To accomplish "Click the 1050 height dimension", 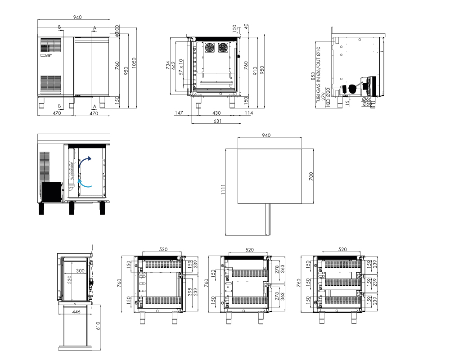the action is click(x=134, y=63).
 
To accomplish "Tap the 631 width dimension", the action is click(x=217, y=121).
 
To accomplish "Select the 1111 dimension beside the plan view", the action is click(x=223, y=189).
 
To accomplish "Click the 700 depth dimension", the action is click(x=311, y=176).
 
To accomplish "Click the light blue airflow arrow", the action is click(x=85, y=184).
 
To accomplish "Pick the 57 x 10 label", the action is click(x=181, y=67).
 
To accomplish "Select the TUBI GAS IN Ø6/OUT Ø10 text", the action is click(x=318, y=75).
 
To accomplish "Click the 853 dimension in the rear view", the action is click(x=313, y=76).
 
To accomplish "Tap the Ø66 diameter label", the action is click(x=366, y=99).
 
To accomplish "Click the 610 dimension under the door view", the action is click(x=98, y=326).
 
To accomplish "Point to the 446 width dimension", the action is click(x=76, y=312).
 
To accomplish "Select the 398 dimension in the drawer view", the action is click(x=190, y=292).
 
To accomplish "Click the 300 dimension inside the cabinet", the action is click(x=81, y=271).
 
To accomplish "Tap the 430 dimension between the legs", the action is click(x=216, y=113).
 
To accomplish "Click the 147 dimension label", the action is click(x=179, y=113).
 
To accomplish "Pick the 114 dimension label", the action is click(x=249, y=113).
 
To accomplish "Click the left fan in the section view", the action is click(x=209, y=48).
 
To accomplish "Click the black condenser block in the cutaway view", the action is click(x=52, y=192).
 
